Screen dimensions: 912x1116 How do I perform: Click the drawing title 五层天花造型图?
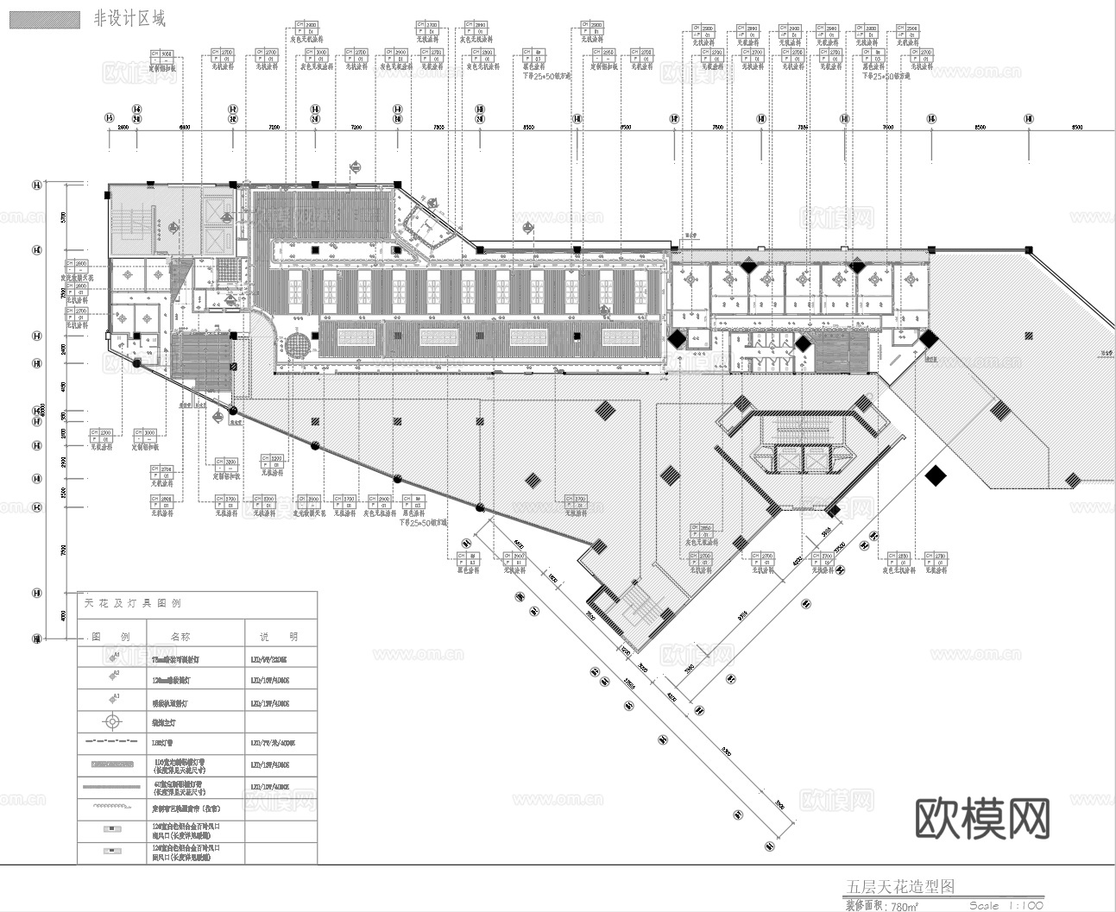click(x=899, y=887)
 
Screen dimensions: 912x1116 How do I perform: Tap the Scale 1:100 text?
click(x=1006, y=905)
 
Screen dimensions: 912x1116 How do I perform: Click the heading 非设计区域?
click(x=129, y=19)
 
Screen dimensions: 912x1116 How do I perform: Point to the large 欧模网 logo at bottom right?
click(x=982, y=817)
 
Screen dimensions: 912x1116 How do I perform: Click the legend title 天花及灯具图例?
click(x=133, y=604)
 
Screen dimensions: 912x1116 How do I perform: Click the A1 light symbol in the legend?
click(x=112, y=658)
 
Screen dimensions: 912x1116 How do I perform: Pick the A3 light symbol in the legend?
click(x=112, y=699)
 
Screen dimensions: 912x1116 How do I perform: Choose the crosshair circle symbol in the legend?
click(x=112, y=721)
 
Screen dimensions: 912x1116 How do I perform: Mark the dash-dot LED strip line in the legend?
click(x=112, y=741)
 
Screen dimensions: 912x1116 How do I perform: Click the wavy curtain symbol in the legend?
click(x=112, y=807)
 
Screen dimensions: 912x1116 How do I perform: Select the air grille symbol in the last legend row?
click(x=112, y=852)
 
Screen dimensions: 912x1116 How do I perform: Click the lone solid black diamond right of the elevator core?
click(x=934, y=475)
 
